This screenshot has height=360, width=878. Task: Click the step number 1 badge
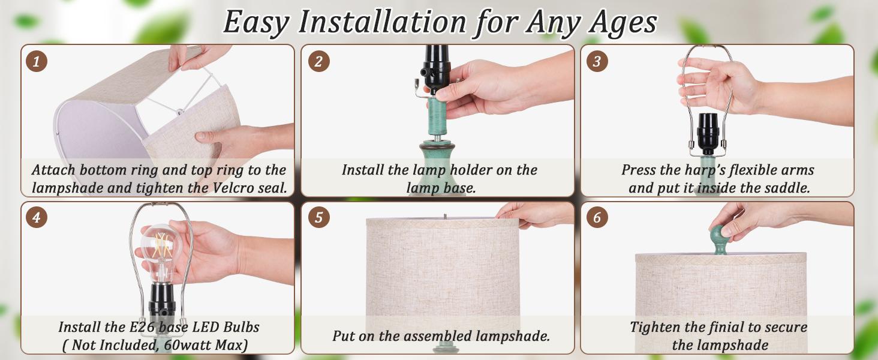[37, 62]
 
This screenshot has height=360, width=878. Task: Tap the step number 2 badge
[318, 61]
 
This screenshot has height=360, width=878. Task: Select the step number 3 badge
[597, 61]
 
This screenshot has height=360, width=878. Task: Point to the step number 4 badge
[37, 217]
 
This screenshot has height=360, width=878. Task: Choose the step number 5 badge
[318, 217]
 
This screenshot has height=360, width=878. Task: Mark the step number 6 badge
[597, 217]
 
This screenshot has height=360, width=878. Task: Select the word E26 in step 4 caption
[137, 327]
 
